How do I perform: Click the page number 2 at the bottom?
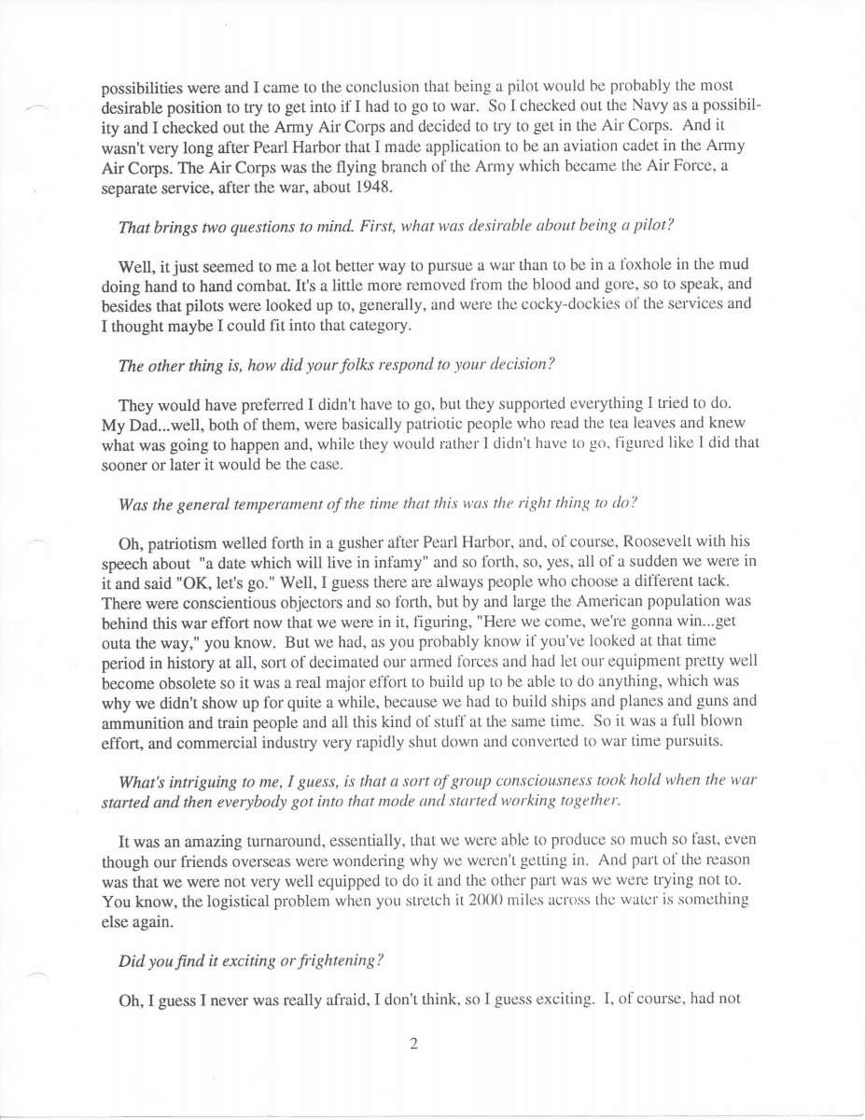click(x=412, y=1044)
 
